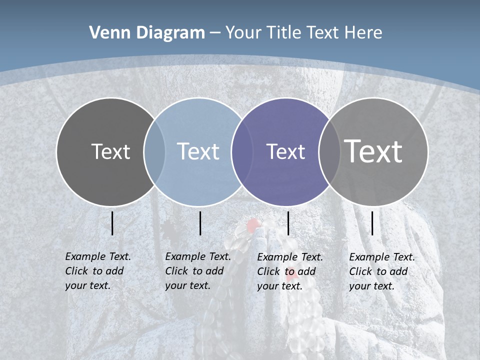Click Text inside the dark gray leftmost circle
[x=110, y=151]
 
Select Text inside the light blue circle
[x=198, y=151]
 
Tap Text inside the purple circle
[x=285, y=151]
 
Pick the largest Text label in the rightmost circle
[x=373, y=151]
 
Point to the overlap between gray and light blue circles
[x=154, y=151]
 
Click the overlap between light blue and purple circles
[x=242, y=151]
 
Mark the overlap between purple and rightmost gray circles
[x=329, y=151]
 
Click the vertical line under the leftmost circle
[x=112, y=223]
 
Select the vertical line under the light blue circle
[x=200, y=223]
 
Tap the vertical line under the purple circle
[x=288, y=223]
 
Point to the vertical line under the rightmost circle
[x=372, y=223]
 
